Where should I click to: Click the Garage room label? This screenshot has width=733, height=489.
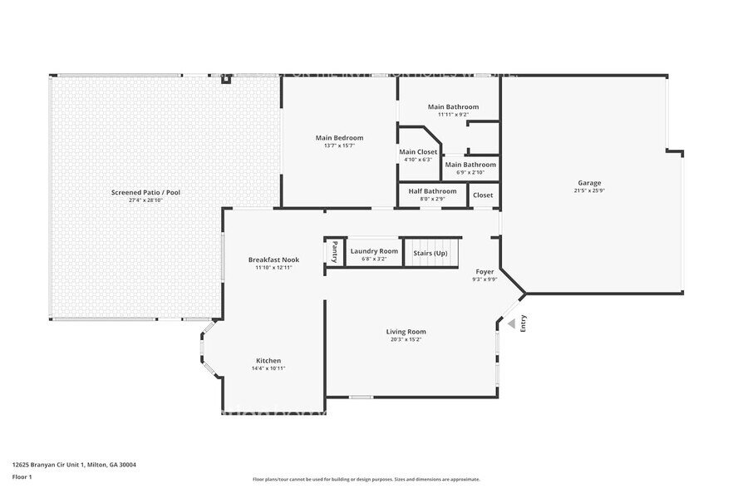[x=589, y=183]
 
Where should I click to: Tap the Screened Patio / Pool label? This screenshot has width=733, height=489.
[x=145, y=192]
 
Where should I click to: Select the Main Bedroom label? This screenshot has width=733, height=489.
[x=339, y=138]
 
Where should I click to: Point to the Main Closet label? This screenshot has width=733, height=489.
[x=418, y=152]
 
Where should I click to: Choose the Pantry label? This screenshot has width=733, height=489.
[x=335, y=251]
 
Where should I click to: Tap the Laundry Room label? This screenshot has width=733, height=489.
[x=374, y=251]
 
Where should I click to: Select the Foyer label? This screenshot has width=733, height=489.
[x=485, y=272]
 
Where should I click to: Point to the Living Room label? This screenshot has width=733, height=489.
[x=406, y=332]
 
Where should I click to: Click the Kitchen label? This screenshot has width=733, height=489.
[x=268, y=360]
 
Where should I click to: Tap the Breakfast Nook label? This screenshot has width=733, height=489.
[x=273, y=259]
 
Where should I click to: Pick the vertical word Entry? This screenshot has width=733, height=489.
[x=524, y=323]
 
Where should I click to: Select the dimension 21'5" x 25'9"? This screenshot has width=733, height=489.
[x=589, y=190]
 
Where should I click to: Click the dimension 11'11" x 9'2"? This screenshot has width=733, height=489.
[x=453, y=115]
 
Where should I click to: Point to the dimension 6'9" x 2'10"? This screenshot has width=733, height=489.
[x=470, y=172]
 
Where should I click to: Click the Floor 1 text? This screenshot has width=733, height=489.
[x=22, y=477]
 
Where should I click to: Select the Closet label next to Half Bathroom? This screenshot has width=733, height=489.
[x=483, y=195]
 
